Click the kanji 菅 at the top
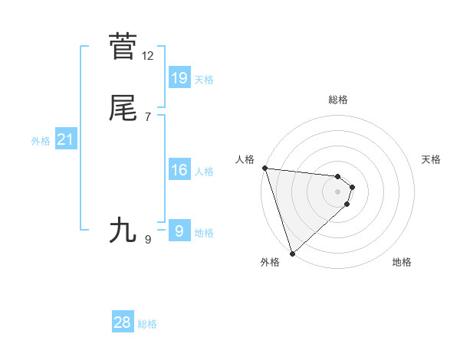(123, 47)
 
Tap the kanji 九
(123, 230)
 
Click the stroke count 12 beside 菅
(148, 56)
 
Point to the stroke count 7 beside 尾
(148, 117)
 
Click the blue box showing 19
(179, 77)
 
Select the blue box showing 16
(179, 170)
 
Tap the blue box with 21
(65, 139)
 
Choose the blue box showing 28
(123, 322)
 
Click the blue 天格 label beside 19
(204, 80)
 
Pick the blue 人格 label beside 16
(204, 172)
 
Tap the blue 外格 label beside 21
(41, 141)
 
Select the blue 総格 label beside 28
(147, 325)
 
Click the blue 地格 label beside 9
(204, 233)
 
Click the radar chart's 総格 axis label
(338, 100)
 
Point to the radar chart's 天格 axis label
(432, 159)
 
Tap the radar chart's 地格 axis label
(402, 262)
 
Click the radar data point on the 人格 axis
(264, 168)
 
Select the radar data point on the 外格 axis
(292, 253)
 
